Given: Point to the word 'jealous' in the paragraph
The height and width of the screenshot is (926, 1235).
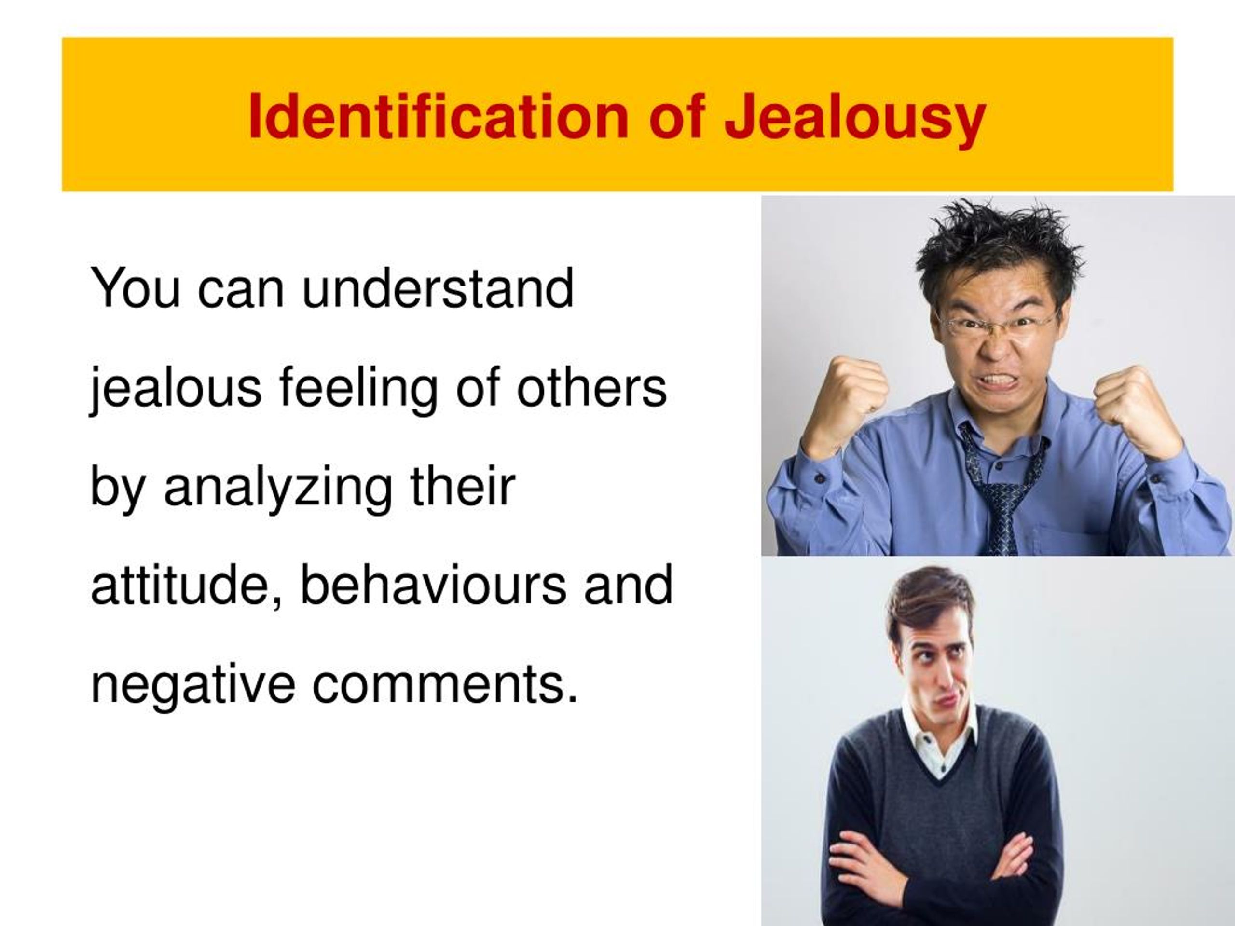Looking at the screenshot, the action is tap(175, 389).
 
